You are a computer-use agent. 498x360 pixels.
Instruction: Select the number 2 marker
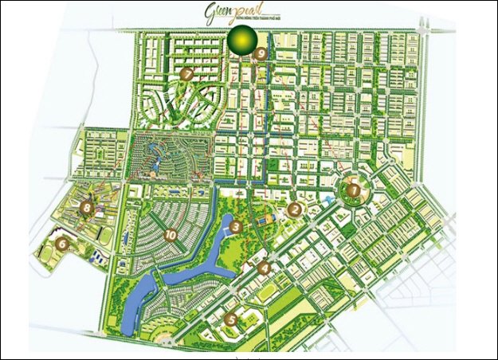(294, 210)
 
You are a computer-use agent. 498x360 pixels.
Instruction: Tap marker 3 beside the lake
(236, 228)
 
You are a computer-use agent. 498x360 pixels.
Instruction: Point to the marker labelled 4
(265, 268)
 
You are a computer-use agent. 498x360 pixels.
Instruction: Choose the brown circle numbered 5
(232, 319)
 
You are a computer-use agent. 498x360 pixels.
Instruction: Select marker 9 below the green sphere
(261, 54)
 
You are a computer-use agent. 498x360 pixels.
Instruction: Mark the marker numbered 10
(171, 234)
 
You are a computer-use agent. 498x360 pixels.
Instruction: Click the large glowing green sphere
(241, 38)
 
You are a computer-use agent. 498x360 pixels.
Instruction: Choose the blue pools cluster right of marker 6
(96, 257)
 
